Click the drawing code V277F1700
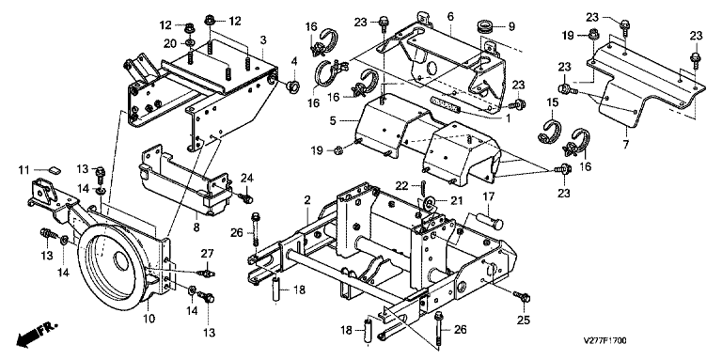point(604,341)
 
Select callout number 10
point(149,318)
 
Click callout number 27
point(208,253)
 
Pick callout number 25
point(523,320)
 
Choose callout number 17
point(488,197)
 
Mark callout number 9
point(511,26)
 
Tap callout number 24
point(247,178)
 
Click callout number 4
point(293,60)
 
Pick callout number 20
point(170,43)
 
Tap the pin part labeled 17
point(489,221)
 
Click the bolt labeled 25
point(522,296)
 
